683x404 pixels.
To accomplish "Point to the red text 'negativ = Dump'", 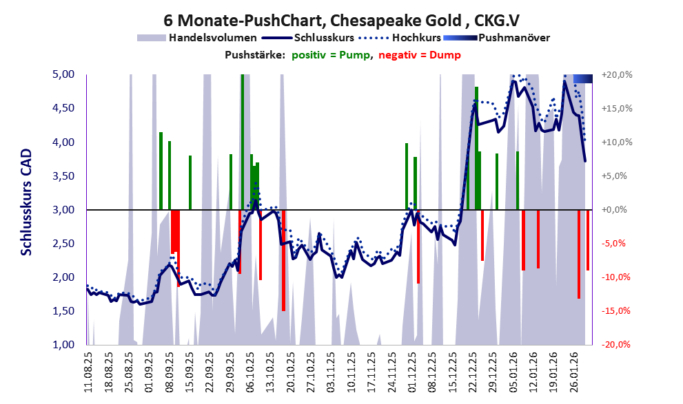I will click(x=420, y=55).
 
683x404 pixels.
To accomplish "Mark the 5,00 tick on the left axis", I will click(x=64, y=74).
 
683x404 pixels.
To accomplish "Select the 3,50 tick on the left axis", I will click(x=64, y=176).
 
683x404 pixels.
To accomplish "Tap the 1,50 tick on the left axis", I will click(x=64, y=311).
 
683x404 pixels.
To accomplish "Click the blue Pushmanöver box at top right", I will click(x=582, y=78).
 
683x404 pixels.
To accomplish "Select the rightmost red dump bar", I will click(x=588, y=240).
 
